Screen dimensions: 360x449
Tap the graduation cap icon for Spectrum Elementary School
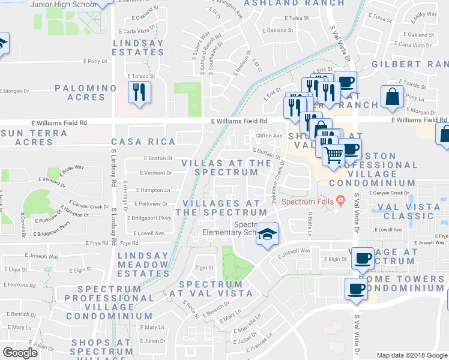point(268,233)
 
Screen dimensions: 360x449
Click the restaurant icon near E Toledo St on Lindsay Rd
point(139,92)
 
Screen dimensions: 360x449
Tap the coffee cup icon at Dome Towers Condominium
point(356,289)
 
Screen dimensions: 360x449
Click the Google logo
point(20,353)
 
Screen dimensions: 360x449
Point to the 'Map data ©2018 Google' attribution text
point(411,355)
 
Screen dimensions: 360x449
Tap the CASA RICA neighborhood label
point(143,142)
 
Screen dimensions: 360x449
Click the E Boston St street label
point(158,158)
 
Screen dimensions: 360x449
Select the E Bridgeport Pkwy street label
point(149,218)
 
